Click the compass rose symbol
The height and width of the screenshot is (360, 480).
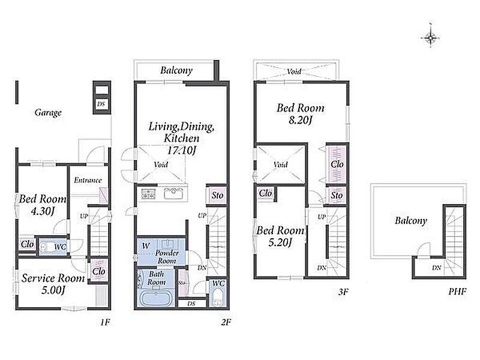click(x=430, y=38)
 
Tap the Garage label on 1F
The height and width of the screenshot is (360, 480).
click(x=48, y=113)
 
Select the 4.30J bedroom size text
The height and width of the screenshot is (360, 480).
click(x=43, y=211)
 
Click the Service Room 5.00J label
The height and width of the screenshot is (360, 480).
click(x=53, y=284)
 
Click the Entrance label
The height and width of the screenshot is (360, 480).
click(x=88, y=180)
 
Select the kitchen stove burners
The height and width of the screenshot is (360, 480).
click(x=148, y=194)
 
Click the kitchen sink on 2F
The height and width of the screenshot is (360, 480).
click(x=173, y=193)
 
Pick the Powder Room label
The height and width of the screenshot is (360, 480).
click(x=167, y=257)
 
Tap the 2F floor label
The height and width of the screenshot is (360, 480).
click(x=226, y=322)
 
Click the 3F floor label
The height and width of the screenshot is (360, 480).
click(x=343, y=292)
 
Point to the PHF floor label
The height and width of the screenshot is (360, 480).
click(x=457, y=292)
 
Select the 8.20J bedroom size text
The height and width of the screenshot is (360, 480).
click(x=301, y=120)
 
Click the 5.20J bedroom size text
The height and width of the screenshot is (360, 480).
click(x=280, y=242)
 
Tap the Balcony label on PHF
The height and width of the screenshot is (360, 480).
click(x=411, y=220)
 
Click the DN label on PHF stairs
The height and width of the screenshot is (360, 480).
click(x=437, y=268)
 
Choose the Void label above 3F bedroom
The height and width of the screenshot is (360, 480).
click(x=294, y=71)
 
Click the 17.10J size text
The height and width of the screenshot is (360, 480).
click(x=181, y=151)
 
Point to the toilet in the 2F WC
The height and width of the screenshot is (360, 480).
click(x=218, y=297)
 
